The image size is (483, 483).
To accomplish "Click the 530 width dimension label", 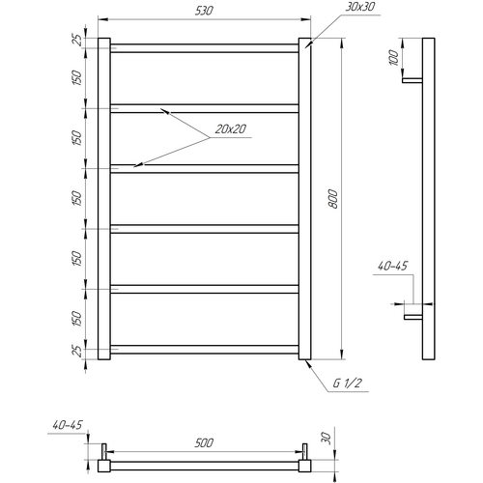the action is tap(204, 11).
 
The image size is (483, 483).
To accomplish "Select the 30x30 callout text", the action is tap(360, 7).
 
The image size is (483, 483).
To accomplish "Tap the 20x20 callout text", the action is tap(231, 129).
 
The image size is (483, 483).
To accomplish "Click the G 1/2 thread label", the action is tap(348, 384).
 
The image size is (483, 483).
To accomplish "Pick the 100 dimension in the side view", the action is tap(393, 58).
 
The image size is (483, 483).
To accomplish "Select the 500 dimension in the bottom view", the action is tap(204, 443).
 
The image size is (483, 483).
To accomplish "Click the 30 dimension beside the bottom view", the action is tap(327, 439).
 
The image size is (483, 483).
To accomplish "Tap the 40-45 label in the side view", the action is tap(392, 266).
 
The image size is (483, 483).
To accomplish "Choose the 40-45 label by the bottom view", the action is tap(68, 425).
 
